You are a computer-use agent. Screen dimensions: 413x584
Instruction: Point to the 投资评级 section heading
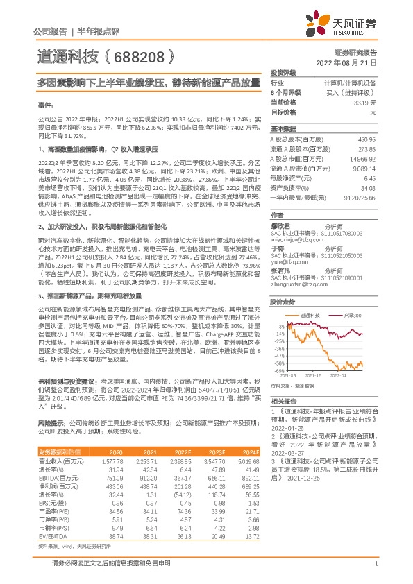(x=283, y=72)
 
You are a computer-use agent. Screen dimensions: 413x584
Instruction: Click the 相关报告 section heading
(x=283, y=402)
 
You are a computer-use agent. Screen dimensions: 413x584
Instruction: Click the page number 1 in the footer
(x=375, y=572)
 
